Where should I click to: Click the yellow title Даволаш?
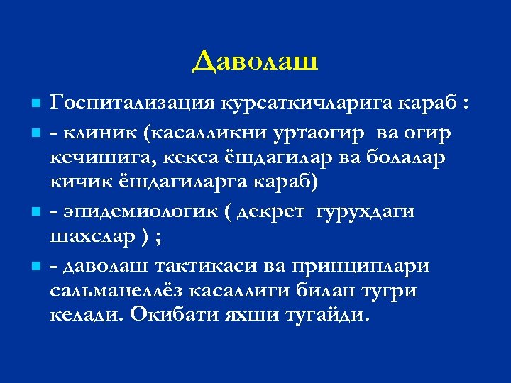(x=255, y=62)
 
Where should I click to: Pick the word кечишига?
(x=95, y=157)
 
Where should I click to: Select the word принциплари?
(x=368, y=265)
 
